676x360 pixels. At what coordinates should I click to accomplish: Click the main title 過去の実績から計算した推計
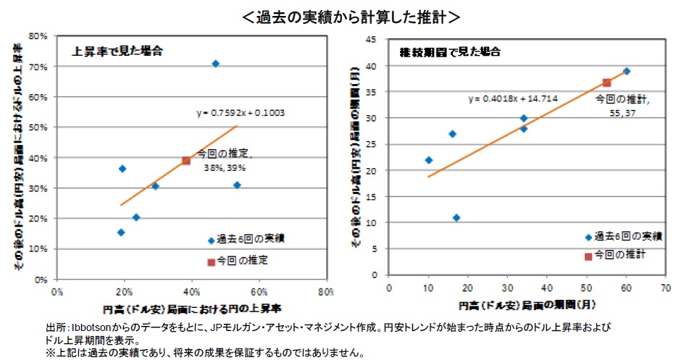(338, 14)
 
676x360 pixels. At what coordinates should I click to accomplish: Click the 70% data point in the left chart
(215, 64)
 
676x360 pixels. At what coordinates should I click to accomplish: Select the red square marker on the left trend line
(186, 160)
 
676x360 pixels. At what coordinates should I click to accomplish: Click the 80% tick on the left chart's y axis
(39, 35)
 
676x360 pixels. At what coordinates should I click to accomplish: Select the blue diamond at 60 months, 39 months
(627, 71)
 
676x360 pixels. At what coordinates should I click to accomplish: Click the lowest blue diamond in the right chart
(456, 217)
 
